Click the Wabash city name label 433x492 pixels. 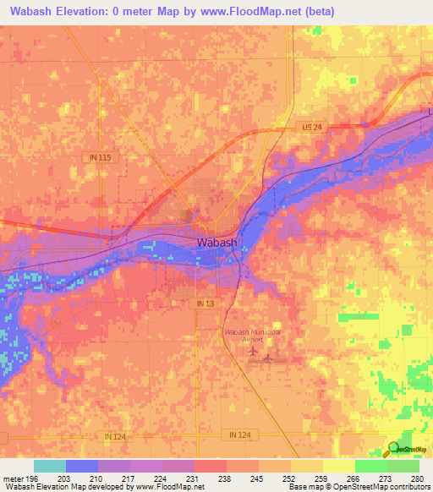(217, 243)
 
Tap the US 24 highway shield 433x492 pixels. (312, 127)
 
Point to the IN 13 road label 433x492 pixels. (206, 303)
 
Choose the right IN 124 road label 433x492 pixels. (239, 434)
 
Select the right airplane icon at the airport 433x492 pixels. (269, 358)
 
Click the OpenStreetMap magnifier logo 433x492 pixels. (394, 449)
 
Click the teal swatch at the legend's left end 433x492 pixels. (50, 466)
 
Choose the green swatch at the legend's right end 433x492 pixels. (403, 466)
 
